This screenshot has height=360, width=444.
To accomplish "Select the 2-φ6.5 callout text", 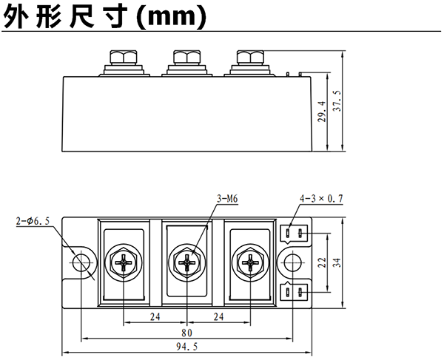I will tap(33, 220).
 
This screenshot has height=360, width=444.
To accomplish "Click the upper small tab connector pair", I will tap(293, 234).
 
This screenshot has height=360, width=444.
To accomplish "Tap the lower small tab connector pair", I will tap(293, 291).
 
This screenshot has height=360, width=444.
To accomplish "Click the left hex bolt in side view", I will tap(123, 58).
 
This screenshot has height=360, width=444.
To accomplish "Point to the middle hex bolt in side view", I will tap(185, 58).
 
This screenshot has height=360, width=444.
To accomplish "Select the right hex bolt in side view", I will tap(248, 58).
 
